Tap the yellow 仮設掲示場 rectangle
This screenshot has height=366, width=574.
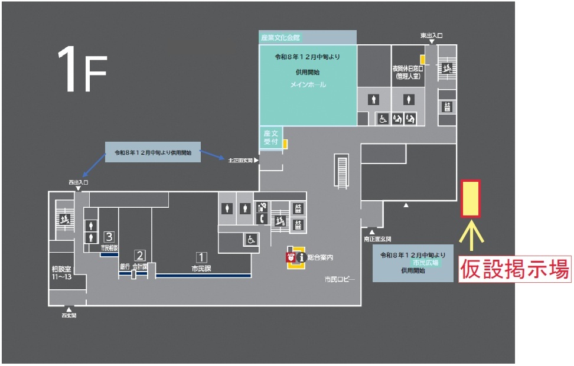[471, 199]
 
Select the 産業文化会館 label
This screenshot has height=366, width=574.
[281, 38]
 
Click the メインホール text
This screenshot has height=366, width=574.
[308, 85]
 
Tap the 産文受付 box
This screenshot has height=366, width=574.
[271, 138]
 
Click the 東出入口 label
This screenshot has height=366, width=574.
[432, 36]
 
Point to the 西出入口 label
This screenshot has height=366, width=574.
[78, 183]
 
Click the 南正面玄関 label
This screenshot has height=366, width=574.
[376, 240]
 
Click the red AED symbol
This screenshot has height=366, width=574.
[291, 257]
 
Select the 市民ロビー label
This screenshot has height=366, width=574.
[340, 279]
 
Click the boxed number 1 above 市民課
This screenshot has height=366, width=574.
[201, 257]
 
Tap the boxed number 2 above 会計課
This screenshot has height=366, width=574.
[140, 256]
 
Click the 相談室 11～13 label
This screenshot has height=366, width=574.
[61, 273]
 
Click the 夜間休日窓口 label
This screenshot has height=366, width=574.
[407, 72]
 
